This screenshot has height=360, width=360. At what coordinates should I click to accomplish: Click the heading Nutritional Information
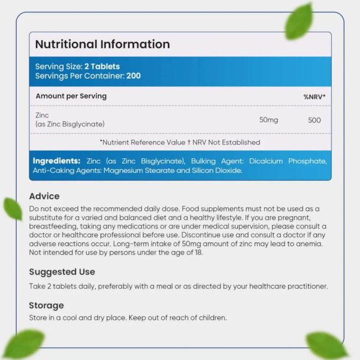tap(103, 44)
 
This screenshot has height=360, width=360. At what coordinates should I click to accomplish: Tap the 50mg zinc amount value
tap(269, 120)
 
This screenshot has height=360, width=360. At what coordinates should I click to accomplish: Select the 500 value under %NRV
tap(315, 120)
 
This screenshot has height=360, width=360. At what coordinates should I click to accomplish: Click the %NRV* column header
tap(315, 96)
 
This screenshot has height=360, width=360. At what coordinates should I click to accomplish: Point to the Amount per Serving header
tap(71, 96)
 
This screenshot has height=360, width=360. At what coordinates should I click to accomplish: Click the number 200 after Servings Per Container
tap(133, 76)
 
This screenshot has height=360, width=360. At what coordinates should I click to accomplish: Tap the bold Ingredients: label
tap(57, 161)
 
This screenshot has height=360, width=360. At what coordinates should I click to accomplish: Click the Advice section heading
tap(44, 196)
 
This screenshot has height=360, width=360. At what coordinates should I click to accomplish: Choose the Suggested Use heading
tap(62, 272)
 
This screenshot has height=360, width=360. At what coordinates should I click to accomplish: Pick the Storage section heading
tap(47, 306)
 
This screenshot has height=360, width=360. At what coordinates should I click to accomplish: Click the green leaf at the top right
tap(299, 21)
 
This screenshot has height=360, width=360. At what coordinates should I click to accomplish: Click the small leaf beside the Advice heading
tap(12, 208)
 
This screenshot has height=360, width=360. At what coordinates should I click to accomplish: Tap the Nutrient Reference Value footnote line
tap(180, 142)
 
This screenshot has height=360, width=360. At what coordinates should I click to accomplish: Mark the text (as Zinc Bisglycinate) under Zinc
tap(70, 124)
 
